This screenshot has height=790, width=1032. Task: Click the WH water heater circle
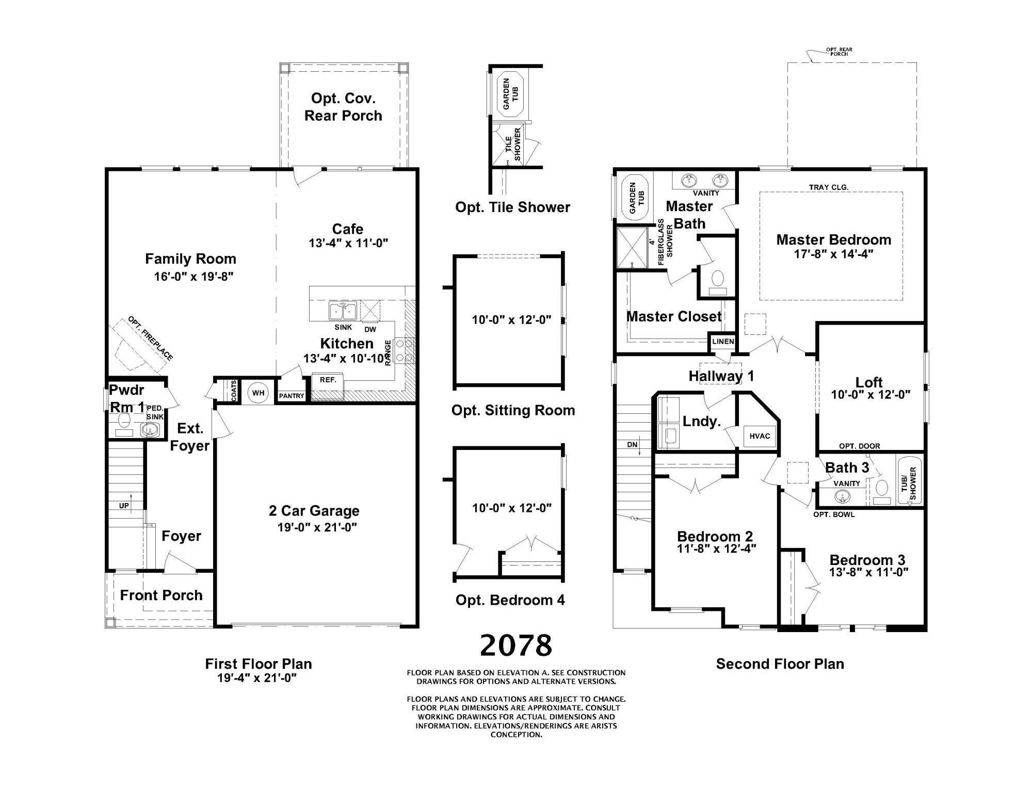coord(258,393)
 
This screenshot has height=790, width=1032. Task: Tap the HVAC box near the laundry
coord(760,436)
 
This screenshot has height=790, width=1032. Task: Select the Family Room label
coord(190,259)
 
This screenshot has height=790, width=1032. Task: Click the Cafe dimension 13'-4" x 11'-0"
coord(348,243)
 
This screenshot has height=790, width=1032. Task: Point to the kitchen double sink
coord(342,311)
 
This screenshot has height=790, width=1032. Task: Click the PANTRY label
coord(292,396)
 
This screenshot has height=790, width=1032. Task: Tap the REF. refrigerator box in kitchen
coord(328,380)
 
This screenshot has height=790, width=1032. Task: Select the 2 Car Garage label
coord(314,511)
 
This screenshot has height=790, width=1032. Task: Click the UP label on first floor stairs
coord(124,506)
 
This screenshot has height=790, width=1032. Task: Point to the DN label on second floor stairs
coord(632,444)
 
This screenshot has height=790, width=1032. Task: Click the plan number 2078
coord(515,646)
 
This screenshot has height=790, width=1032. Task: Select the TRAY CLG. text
coord(828,187)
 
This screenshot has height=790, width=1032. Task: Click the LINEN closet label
coord(723,342)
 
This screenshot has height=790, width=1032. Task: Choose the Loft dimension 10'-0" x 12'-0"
coord(870,395)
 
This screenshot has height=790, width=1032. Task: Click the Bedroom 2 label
coord(715,536)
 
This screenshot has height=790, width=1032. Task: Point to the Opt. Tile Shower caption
coord(512,207)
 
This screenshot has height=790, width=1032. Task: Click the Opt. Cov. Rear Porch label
coord(343,107)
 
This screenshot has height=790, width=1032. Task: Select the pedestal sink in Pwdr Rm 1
coord(151,429)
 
